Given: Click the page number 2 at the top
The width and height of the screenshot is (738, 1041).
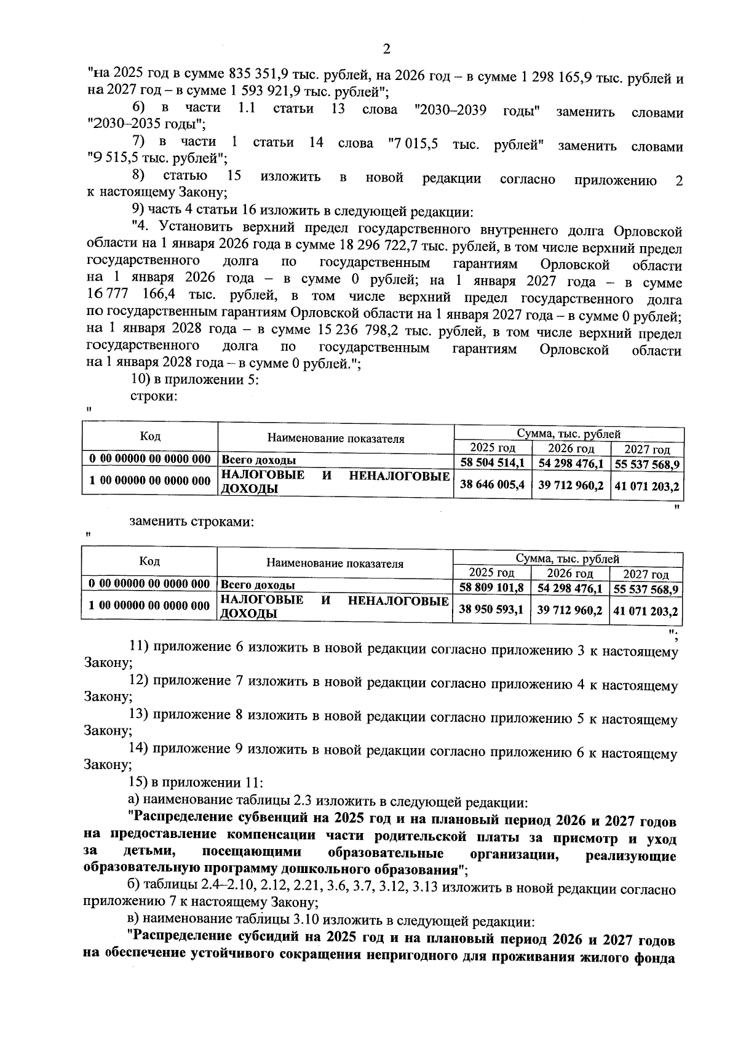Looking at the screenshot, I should pyautogui.click(x=386, y=49).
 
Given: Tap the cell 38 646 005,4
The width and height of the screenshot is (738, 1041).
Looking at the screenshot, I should pyautogui.click(x=492, y=484).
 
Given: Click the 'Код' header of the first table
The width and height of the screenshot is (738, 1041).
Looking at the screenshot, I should pyautogui.click(x=150, y=436).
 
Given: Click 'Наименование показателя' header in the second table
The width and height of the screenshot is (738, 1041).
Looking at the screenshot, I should pyautogui.click(x=335, y=564).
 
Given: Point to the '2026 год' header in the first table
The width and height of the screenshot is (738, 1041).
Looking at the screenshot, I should pyautogui.click(x=571, y=448).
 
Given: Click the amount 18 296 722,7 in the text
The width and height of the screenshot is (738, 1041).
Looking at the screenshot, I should pyautogui.click(x=373, y=249).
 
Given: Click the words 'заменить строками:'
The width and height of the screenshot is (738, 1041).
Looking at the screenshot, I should pyautogui.click(x=191, y=522).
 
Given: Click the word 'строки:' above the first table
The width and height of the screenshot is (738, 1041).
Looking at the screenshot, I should pyautogui.click(x=153, y=397).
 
